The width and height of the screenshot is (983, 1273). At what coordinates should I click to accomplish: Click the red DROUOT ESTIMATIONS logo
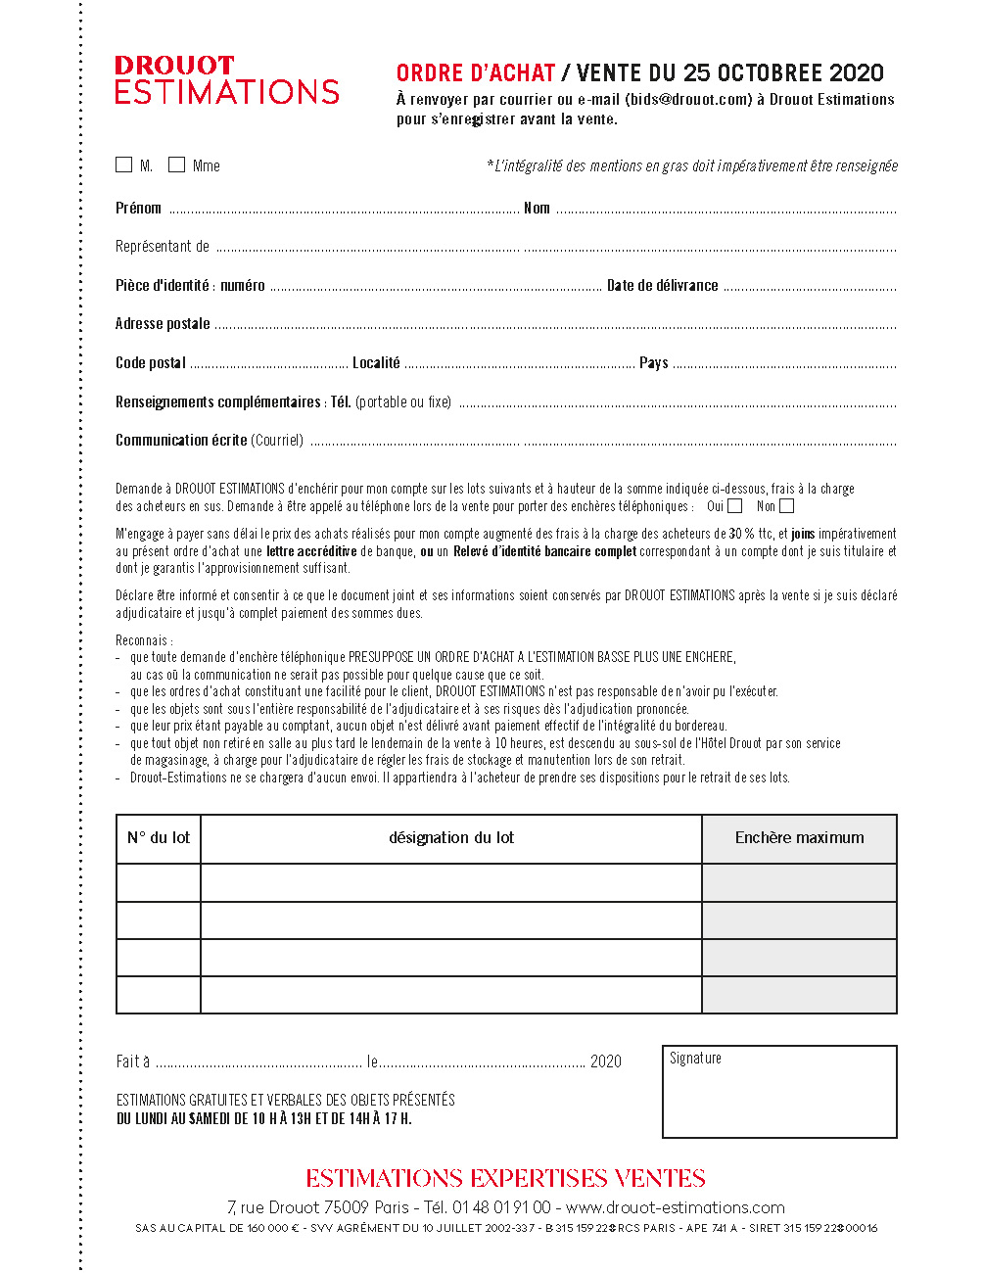click(x=226, y=80)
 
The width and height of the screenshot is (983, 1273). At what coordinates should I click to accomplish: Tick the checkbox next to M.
click(x=124, y=165)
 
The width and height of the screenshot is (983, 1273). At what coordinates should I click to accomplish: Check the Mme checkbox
click(x=177, y=165)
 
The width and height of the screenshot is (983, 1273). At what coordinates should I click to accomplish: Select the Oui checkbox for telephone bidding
click(x=735, y=506)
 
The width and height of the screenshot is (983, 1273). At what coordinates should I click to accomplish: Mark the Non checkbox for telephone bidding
click(x=787, y=506)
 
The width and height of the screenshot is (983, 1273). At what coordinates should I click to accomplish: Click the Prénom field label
click(x=138, y=208)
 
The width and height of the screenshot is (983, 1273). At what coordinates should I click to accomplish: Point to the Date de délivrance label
click(x=662, y=286)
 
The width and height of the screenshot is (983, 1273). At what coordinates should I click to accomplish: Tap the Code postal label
click(x=151, y=363)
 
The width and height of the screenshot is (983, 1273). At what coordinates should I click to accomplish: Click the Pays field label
click(x=653, y=363)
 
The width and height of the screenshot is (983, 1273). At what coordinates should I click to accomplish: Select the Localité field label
click(x=376, y=363)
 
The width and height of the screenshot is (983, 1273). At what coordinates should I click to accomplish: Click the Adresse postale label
click(x=163, y=324)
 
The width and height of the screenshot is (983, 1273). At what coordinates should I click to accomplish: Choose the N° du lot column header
click(x=159, y=838)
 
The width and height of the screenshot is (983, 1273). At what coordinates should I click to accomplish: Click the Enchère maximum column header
click(x=799, y=838)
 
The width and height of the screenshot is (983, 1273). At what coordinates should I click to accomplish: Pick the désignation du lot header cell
click(x=451, y=838)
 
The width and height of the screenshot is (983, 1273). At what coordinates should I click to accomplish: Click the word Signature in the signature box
click(x=695, y=1059)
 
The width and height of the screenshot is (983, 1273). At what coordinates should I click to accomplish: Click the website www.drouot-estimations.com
click(x=676, y=1207)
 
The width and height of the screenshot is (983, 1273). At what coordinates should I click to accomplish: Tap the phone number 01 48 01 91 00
click(x=501, y=1207)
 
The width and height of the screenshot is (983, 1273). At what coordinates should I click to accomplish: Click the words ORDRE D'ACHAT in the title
click(x=476, y=73)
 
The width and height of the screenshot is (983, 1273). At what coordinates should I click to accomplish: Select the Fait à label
click(x=133, y=1061)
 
